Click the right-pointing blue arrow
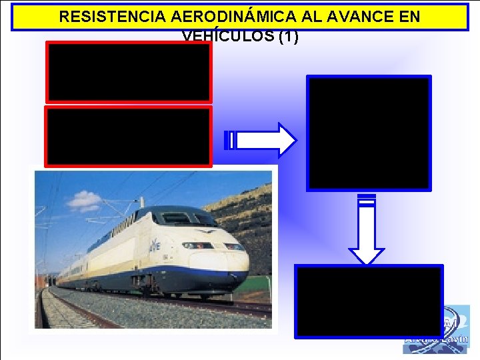tap(265, 139)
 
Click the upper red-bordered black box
tap(128, 72)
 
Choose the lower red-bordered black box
tap(128, 136)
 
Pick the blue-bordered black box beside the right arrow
tap(369, 133)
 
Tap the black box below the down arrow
tap(369, 301)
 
